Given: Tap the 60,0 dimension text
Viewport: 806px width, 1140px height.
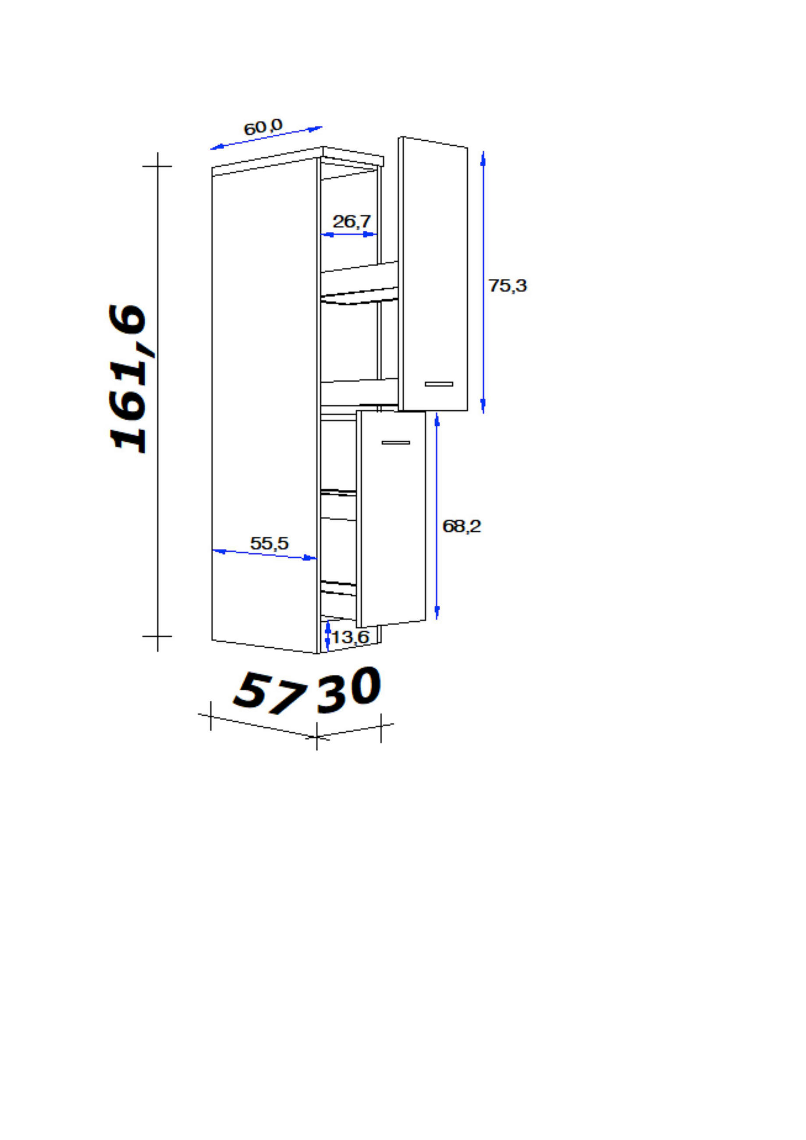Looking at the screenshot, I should (x=263, y=127).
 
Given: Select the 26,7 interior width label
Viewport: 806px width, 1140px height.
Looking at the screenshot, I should (x=352, y=221).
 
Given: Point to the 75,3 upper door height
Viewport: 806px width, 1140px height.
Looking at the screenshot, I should (x=507, y=285).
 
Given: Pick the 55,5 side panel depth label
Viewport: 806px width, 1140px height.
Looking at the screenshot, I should (x=269, y=543).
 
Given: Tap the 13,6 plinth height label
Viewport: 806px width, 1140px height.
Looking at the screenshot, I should (x=350, y=637).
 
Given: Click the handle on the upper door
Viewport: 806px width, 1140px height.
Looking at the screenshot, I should (x=439, y=384).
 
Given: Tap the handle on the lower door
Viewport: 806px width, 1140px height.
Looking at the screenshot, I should (x=396, y=442).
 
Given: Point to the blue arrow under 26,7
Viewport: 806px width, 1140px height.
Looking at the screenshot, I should (x=349, y=234).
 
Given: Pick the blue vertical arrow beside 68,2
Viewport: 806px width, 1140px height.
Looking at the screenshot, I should (x=437, y=517).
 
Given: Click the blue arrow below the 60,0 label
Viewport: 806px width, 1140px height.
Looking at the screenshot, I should (x=266, y=138).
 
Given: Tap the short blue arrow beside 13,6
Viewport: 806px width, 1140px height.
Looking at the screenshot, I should (x=327, y=635).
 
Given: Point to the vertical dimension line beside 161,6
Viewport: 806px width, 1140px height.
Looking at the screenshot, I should (x=158, y=402).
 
